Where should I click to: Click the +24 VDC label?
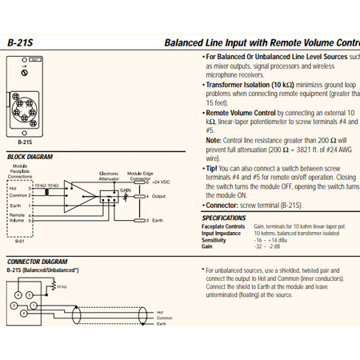(161, 182)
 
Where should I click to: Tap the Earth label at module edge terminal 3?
(158, 220)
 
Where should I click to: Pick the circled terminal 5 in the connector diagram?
(27, 294)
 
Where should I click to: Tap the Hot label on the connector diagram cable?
(160, 311)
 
